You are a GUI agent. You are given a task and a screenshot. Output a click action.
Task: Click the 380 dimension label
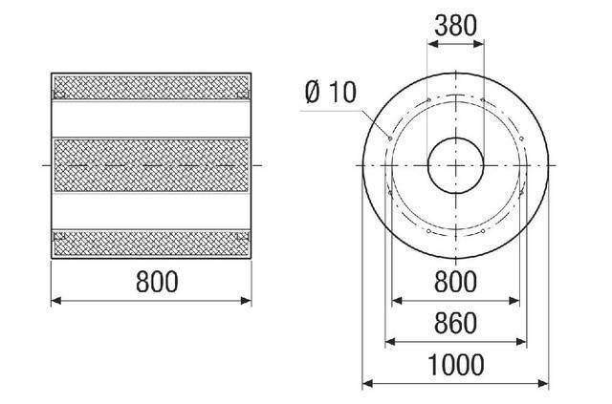coord(455,26)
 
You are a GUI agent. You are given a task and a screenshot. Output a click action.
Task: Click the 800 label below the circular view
coord(455,283)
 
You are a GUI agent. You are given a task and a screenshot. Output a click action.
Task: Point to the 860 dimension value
coord(455,324)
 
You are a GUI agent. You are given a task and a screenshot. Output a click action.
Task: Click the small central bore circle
coord(455,165)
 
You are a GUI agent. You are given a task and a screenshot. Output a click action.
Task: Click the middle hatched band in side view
coord(153,165)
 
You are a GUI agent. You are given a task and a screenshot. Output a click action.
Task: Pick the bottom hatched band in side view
coord(153,243)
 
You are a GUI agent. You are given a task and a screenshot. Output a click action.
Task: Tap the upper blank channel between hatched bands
coord(153,118)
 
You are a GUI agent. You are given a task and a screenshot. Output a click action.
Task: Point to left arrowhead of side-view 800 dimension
coord(55,300)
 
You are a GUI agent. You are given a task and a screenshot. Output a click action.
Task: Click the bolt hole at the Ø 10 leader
coord(389,136)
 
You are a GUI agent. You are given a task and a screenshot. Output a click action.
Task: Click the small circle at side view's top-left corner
coord(58,94)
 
